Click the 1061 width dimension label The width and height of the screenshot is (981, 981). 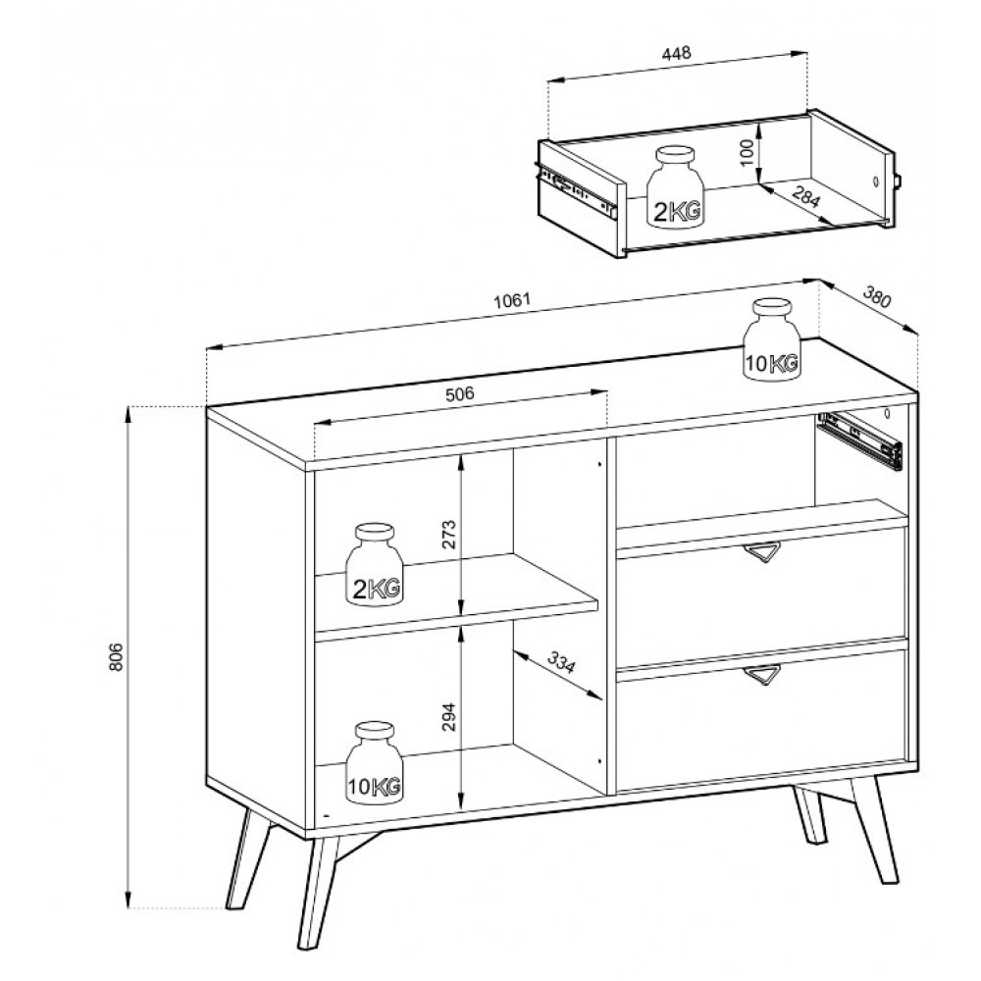tap(512, 301)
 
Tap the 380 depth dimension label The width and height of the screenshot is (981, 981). tap(876, 296)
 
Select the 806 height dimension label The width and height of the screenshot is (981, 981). tap(116, 657)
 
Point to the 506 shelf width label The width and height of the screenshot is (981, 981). tap(459, 394)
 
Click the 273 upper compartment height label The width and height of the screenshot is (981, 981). tap(449, 535)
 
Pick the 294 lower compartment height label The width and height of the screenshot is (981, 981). tap(449, 717)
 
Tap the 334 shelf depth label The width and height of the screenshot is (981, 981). tap(560, 662)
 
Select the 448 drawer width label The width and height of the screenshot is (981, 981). tap(676, 53)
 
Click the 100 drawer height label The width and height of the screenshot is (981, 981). tap(747, 153)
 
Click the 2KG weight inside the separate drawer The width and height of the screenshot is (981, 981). tap(675, 187)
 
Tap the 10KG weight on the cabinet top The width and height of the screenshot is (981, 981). tap(771, 339)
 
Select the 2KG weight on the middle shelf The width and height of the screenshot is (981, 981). tap(374, 564)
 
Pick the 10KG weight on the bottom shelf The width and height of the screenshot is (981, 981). tap(374, 762)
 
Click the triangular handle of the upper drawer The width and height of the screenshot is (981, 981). tap(762, 551)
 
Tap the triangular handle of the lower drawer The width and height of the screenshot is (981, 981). tap(762, 675)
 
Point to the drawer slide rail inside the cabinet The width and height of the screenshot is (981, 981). tap(859, 439)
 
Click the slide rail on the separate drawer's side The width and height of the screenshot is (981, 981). tap(577, 190)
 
